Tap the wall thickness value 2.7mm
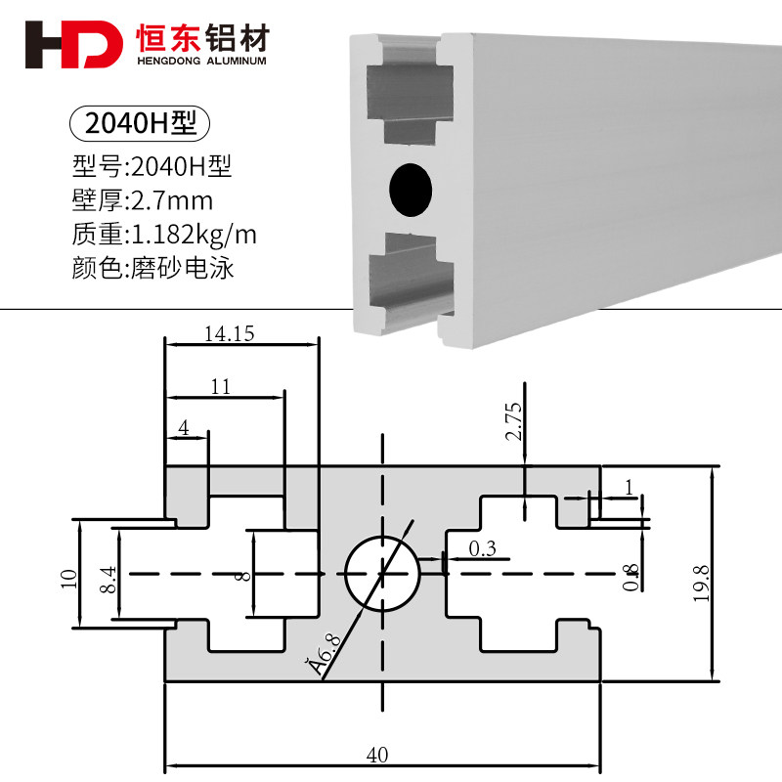pyautogui.click(x=171, y=201)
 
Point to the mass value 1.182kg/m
pyautogui.click(x=193, y=235)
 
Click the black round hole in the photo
pyautogui.click(x=411, y=189)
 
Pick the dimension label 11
pyautogui.click(x=221, y=387)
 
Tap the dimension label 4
pyautogui.click(x=183, y=428)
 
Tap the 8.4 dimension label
pyautogui.click(x=109, y=580)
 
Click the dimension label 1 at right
pyautogui.click(x=629, y=486)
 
